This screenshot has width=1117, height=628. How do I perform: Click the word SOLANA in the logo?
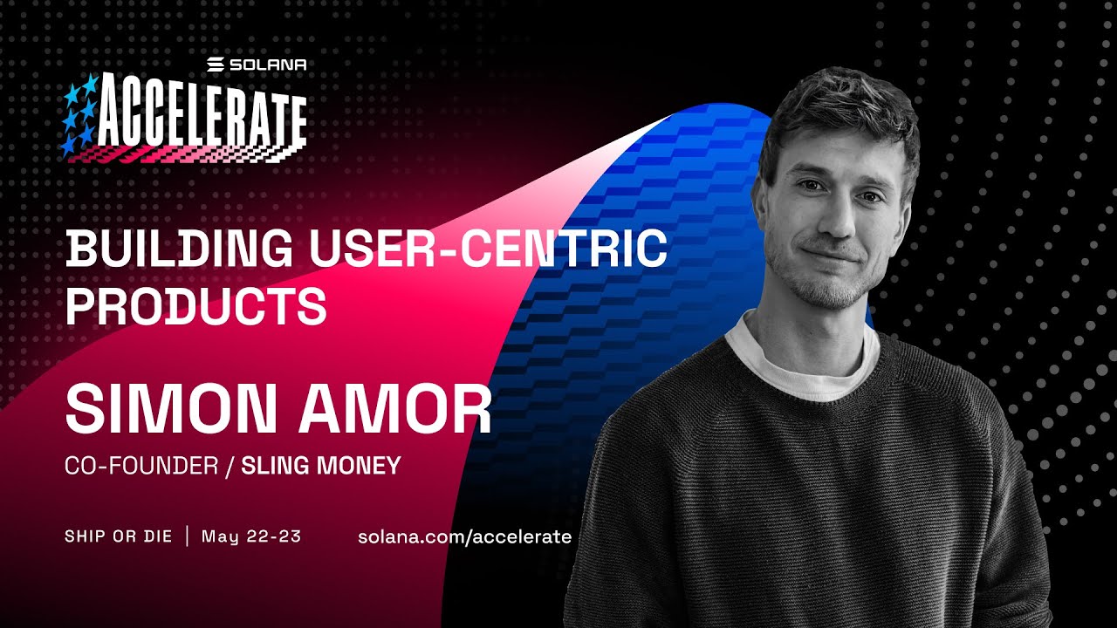(268, 65)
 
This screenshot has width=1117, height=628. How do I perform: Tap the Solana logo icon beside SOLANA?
(216, 65)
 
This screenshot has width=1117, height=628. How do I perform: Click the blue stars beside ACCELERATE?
(79, 115)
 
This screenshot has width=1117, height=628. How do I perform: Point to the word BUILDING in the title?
(179, 249)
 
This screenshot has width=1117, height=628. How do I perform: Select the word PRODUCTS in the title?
(196, 304)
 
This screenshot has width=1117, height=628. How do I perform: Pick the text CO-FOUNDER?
(141, 466)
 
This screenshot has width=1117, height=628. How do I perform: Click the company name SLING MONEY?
(321, 466)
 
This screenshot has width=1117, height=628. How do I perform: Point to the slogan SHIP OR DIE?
(119, 536)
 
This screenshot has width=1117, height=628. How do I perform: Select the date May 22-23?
(251, 536)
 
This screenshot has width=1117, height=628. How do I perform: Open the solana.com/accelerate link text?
(464, 537)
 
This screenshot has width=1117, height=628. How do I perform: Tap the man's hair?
(838, 113)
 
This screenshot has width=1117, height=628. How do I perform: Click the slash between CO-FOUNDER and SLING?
(230, 466)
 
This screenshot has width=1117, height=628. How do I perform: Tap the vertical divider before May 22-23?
(187, 536)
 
